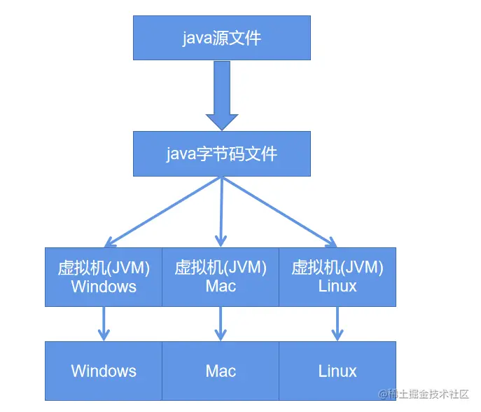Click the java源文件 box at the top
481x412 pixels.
[222, 38]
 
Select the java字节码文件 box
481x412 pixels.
[222, 154]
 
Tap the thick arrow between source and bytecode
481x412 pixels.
[222, 95]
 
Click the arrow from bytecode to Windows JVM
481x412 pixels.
[162, 212]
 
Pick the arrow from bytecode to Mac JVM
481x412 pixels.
[221, 212]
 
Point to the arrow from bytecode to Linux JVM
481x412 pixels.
[280, 212]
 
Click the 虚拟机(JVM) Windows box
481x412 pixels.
[104, 277]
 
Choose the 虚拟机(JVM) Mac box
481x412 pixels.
[221, 277]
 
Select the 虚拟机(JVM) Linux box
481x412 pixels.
[337, 277]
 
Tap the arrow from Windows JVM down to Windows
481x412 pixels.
[104, 324]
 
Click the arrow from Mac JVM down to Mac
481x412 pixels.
[221, 324]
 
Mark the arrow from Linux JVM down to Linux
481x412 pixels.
[337, 324]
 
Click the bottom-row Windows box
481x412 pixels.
[104, 371]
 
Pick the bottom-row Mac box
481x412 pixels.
[221, 371]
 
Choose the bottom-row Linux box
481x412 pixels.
[337, 371]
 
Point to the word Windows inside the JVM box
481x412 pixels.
[104, 287]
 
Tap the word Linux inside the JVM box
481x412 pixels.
[337, 286]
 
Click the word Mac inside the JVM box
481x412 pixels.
[221, 286]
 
